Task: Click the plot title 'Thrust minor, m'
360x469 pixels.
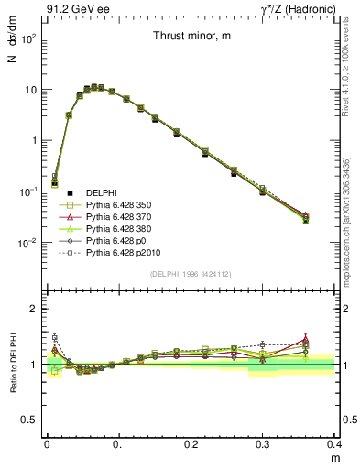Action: pyautogui.click(x=191, y=36)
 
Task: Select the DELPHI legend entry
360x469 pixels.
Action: pyautogui.click(x=100, y=191)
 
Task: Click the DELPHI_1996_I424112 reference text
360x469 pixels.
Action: pyautogui.click(x=191, y=274)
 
